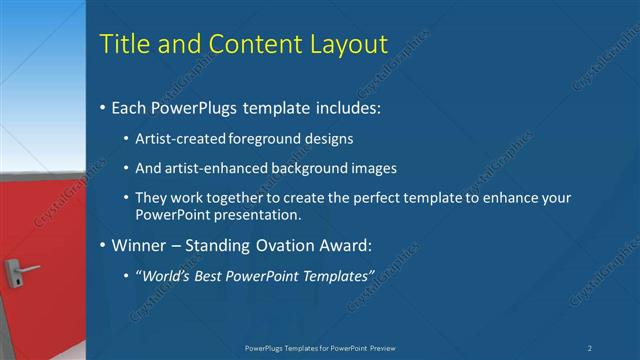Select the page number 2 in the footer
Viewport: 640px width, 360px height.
pyautogui.click(x=590, y=347)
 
